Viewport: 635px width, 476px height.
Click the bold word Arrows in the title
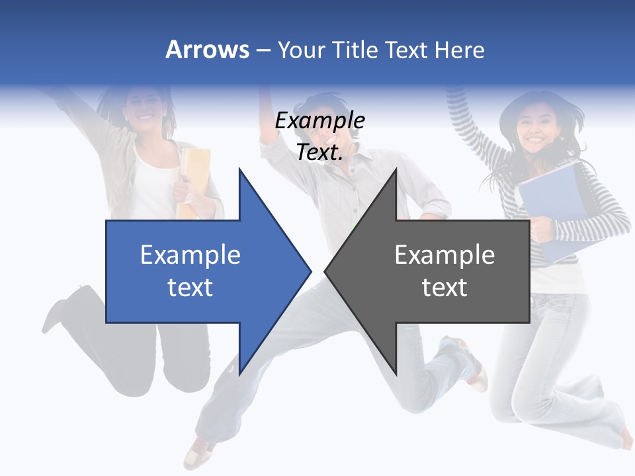(207, 50)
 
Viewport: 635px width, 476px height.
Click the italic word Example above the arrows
(319, 121)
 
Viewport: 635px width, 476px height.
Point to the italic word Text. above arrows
(319, 152)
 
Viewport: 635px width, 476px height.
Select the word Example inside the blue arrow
(190, 255)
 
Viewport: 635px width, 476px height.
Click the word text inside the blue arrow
(190, 287)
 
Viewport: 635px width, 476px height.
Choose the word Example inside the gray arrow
(444, 255)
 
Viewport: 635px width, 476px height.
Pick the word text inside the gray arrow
(444, 287)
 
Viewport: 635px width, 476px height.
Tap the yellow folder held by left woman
(193, 178)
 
